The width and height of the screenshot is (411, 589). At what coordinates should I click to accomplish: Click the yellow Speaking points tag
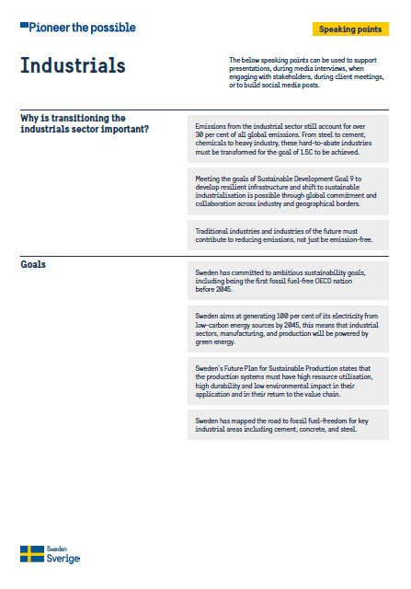tap(349, 29)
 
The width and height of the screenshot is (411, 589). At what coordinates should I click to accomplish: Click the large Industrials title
tap(73, 66)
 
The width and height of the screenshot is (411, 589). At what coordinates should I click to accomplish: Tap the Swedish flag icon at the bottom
tap(32, 553)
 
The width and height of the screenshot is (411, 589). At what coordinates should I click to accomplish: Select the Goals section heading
tap(34, 265)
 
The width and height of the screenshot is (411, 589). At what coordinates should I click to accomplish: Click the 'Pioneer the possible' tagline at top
tap(82, 28)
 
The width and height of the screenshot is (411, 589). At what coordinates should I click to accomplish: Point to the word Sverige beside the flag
tap(63, 559)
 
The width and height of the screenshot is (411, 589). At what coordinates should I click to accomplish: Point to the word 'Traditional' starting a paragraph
tap(212, 230)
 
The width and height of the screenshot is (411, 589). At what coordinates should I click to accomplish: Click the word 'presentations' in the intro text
tap(251, 66)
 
